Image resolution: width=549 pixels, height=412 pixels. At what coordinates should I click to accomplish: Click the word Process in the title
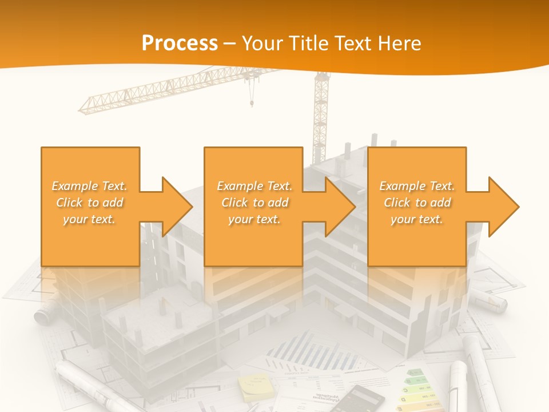(180, 43)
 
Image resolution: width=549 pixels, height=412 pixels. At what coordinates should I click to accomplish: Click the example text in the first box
(90, 203)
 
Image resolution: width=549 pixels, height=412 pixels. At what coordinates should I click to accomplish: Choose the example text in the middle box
(254, 203)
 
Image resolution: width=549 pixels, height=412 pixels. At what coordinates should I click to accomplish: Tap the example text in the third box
(417, 203)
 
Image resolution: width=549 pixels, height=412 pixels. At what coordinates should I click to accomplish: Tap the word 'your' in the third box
(403, 219)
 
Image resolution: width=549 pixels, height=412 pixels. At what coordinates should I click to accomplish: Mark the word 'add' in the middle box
(278, 203)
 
